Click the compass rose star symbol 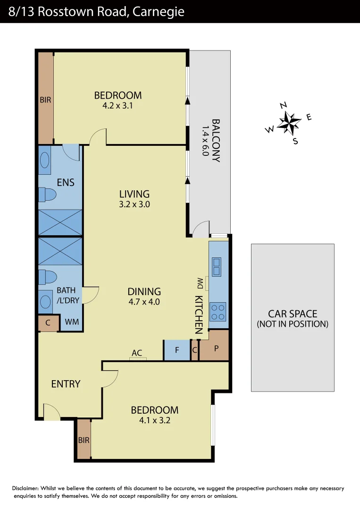[x=289, y=122]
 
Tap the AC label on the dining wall [x=137, y=353]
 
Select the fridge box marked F [x=177, y=350]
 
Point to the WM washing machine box [x=72, y=322]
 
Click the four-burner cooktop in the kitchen [x=218, y=312]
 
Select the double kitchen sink [x=217, y=266]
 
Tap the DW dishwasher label [x=200, y=283]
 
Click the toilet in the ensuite [x=48, y=195]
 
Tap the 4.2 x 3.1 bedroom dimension [x=117, y=106]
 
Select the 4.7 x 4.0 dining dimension [x=144, y=302]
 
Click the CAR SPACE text [x=292, y=314]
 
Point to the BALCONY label [x=216, y=140]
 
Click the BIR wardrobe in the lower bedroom [x=84, y=440]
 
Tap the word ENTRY [x=66, y=384]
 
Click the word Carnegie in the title [x=158, y=12]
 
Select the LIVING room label [x=134, y=194]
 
